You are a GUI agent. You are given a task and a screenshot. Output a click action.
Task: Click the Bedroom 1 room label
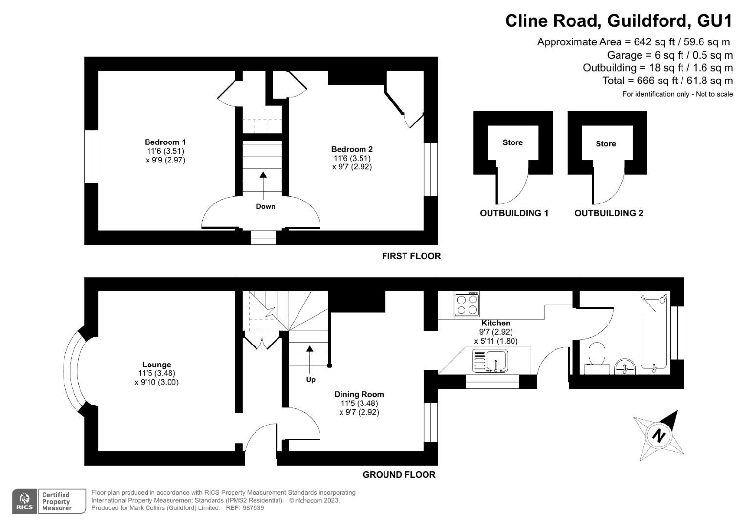(x=165, y=142)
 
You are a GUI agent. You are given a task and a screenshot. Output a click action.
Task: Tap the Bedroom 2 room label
(x=352, y=149)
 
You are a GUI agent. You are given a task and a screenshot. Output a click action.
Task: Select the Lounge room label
(x=156, y=365)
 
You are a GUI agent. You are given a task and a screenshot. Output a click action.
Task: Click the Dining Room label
(x=359, y=394)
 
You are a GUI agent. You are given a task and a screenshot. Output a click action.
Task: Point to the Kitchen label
(x=495, y=323)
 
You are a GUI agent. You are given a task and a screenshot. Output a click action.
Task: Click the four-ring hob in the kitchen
(x=467, y=304)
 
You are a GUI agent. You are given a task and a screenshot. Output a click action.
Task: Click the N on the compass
(x=659, y=435)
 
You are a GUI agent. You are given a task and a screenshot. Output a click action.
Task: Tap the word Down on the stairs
(x=265, y=206)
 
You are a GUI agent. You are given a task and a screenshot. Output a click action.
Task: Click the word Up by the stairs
(x=311, y=379)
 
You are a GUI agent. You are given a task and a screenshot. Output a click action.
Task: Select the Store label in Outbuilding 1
(x=512, y=142)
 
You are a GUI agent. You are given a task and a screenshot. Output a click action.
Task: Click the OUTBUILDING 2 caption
(x=609, y=213)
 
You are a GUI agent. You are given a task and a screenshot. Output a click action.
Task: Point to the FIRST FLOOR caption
(x=411, y=256)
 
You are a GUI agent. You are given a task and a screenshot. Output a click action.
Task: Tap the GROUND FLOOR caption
(x=399, y=475)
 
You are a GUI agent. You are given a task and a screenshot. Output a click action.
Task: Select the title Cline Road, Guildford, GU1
(x=618, y=21)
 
